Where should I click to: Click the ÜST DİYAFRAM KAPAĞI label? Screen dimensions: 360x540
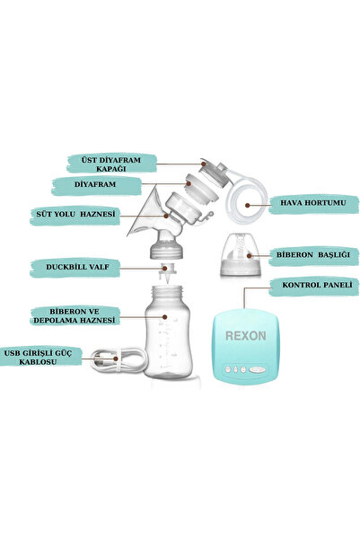pyautogui.click(x=111, y=164)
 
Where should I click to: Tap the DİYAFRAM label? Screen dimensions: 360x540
pyautogui.click(x=95, y=184)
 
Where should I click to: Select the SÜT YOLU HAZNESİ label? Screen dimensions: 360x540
pyautogui.click(x=75, y=214)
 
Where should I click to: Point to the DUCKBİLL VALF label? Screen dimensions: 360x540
pyautogui.click(x=77, y=267)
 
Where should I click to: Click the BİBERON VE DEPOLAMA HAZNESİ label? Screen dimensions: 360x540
pyautogui.click(x=75, y=315)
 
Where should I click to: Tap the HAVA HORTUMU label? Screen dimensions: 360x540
pyautogui.click(x=312, y=202)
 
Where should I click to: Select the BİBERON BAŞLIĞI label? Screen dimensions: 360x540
pyautogui.click(x=313, y=255)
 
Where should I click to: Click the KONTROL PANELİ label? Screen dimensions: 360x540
pyautogui.click(x=317, y=285)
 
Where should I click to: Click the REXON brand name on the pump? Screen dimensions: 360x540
pyautogui.click(x=245, y=336)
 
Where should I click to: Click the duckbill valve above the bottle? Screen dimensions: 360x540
pyautogui.click(x=168, y=272)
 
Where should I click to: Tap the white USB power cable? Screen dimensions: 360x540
pyautogui.click(x=117, y=362)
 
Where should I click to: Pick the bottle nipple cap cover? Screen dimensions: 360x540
pyautogui.click(x=241, y=254)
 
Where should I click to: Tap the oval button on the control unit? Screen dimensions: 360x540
pyautogui.click(x=259, y=370)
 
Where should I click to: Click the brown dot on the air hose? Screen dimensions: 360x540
pyautogui.click(x=248, y=205)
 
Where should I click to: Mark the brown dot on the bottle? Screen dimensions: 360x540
pyautogui.click(x=164, y=317)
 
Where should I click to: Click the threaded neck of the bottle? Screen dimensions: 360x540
pyautogui.click(x=168, y=292)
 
